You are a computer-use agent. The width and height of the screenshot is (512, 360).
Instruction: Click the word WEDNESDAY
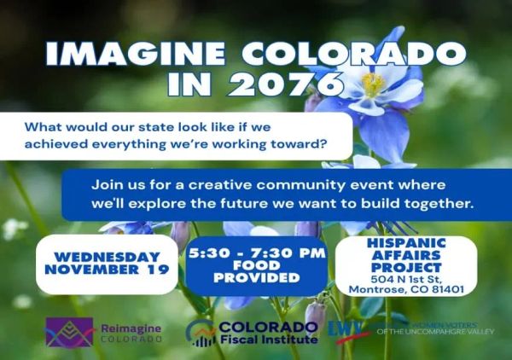pyautogui.click(x=107, y=257)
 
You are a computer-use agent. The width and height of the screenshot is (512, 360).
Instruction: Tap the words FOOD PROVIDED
pyautogui.click(x=256, y=273)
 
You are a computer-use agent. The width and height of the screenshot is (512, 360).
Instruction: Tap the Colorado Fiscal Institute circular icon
pyautogui.click(x=201, y=333)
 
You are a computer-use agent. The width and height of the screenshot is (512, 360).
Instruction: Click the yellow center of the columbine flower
pyautogui.click(x=373, y=84)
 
